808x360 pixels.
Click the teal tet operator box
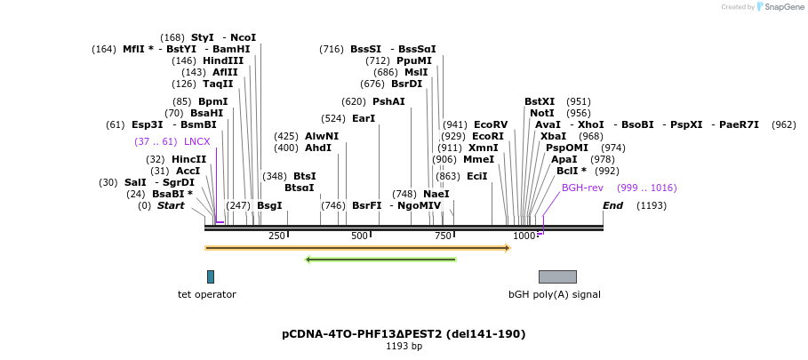(211, 276)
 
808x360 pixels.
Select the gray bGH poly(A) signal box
(557, 276)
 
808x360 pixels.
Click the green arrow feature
(380, 260)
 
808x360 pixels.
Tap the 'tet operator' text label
(207, 294)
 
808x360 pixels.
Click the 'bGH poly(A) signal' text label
(554, 294)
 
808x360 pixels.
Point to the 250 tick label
(276, 236)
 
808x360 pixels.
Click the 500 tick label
(359, 236)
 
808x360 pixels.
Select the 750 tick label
(443, 236)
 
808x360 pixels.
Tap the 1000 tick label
(524, 236)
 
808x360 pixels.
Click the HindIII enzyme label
(222, 60)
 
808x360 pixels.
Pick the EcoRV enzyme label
(491, 124)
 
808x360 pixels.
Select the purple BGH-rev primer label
(582, 188)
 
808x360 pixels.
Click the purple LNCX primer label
(196, 141)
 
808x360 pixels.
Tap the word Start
(171, 205)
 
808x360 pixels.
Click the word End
(612, 205)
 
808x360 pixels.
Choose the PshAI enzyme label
(388, 101)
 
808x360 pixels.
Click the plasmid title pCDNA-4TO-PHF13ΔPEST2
(404, 334)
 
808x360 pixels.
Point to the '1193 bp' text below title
(404, 346)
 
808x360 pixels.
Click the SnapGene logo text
(783, 7)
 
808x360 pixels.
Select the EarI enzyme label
(364, 118)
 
